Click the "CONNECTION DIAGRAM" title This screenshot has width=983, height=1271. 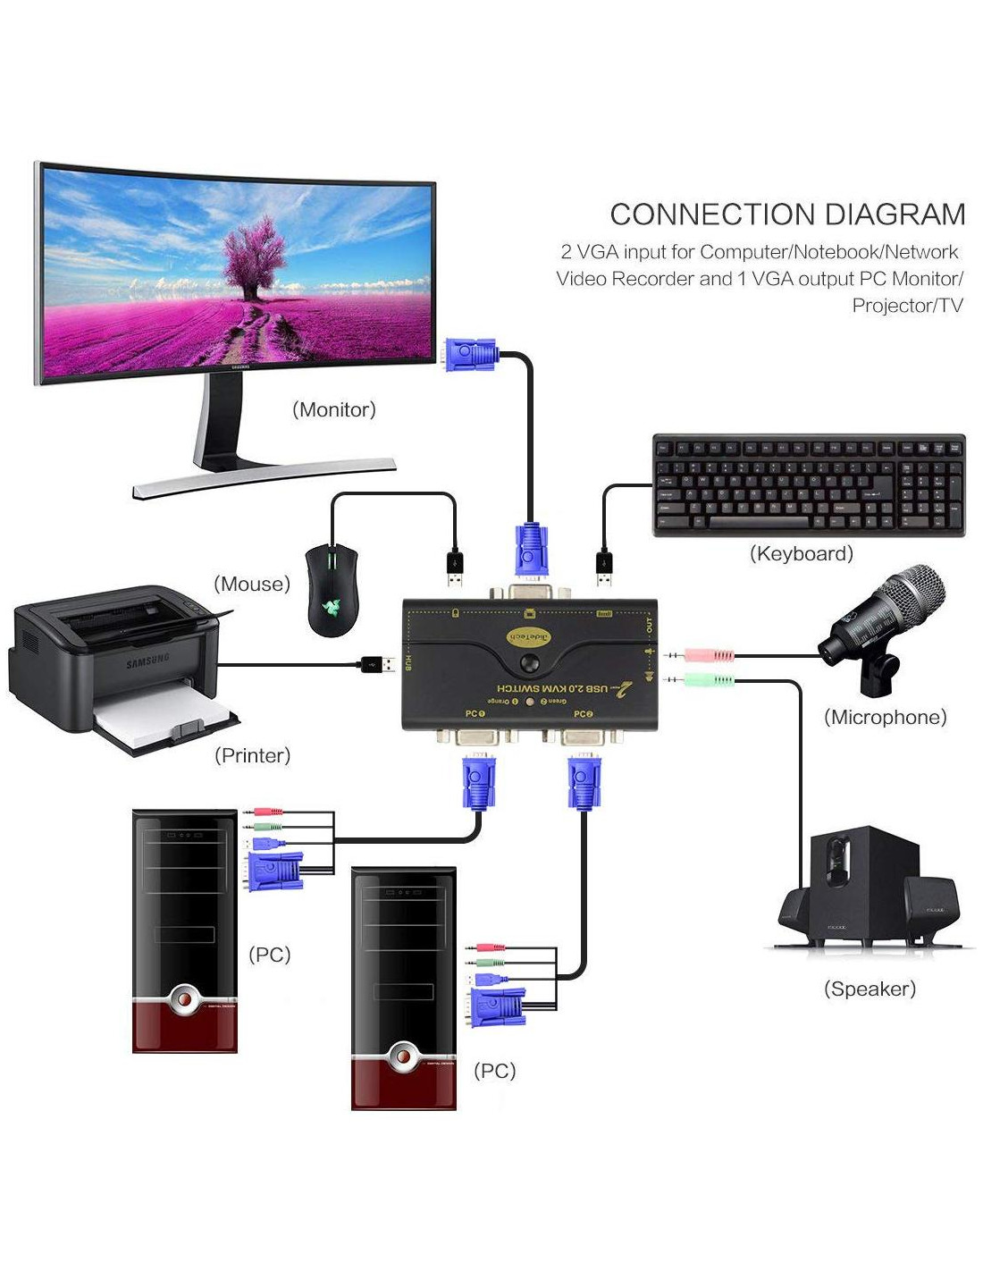[x=787, y=215]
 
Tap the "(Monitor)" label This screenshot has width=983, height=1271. [x=334, y=409]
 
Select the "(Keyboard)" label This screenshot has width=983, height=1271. [x=801, y=553]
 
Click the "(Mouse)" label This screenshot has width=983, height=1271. [x=252, y=584]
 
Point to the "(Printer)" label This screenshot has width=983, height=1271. [x=253, y=755]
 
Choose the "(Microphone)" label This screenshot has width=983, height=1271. [x=885, y=717]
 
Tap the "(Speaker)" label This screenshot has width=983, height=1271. [x=870, y=989]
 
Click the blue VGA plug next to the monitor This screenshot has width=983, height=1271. [x=471, y=355]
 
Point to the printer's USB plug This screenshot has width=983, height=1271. [x=377, y=664]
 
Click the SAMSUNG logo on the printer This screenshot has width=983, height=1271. [x=148, y=661]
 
